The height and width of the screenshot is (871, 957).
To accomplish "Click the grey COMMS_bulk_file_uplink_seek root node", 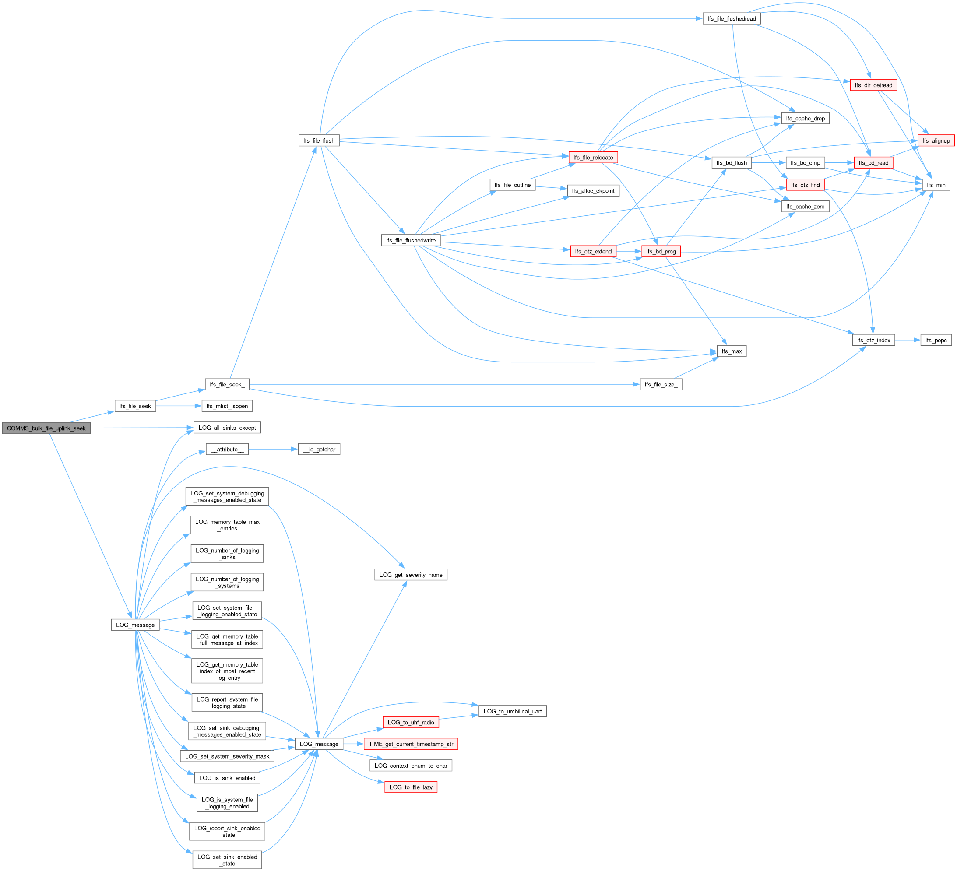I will [46, 428].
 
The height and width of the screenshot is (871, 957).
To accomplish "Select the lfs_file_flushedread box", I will [731, 18].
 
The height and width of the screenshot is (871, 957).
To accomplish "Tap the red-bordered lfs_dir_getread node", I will [873, 85].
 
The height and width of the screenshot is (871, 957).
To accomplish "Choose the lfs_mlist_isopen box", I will [227, 406].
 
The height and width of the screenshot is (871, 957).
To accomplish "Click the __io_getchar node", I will [319, 449].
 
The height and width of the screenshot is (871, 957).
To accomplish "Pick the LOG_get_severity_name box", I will [411, 575].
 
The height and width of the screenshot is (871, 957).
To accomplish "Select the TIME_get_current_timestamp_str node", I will [411, 744].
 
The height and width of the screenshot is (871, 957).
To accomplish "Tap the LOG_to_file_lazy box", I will [411, 787].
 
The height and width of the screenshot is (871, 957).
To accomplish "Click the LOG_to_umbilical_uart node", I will [512, 711].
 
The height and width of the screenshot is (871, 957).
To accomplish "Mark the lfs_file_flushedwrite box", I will [411, 240].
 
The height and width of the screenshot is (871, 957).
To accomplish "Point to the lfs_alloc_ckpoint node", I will [593, 191].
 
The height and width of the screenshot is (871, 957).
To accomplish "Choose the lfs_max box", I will [731, 351].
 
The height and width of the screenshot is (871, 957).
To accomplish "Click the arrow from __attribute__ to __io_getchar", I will [272, 449].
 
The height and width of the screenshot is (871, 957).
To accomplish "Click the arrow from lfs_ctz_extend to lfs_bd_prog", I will [629, 251].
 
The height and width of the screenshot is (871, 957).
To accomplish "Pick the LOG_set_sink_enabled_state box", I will [227, 860].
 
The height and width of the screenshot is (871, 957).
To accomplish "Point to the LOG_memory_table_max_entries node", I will [227, 525].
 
